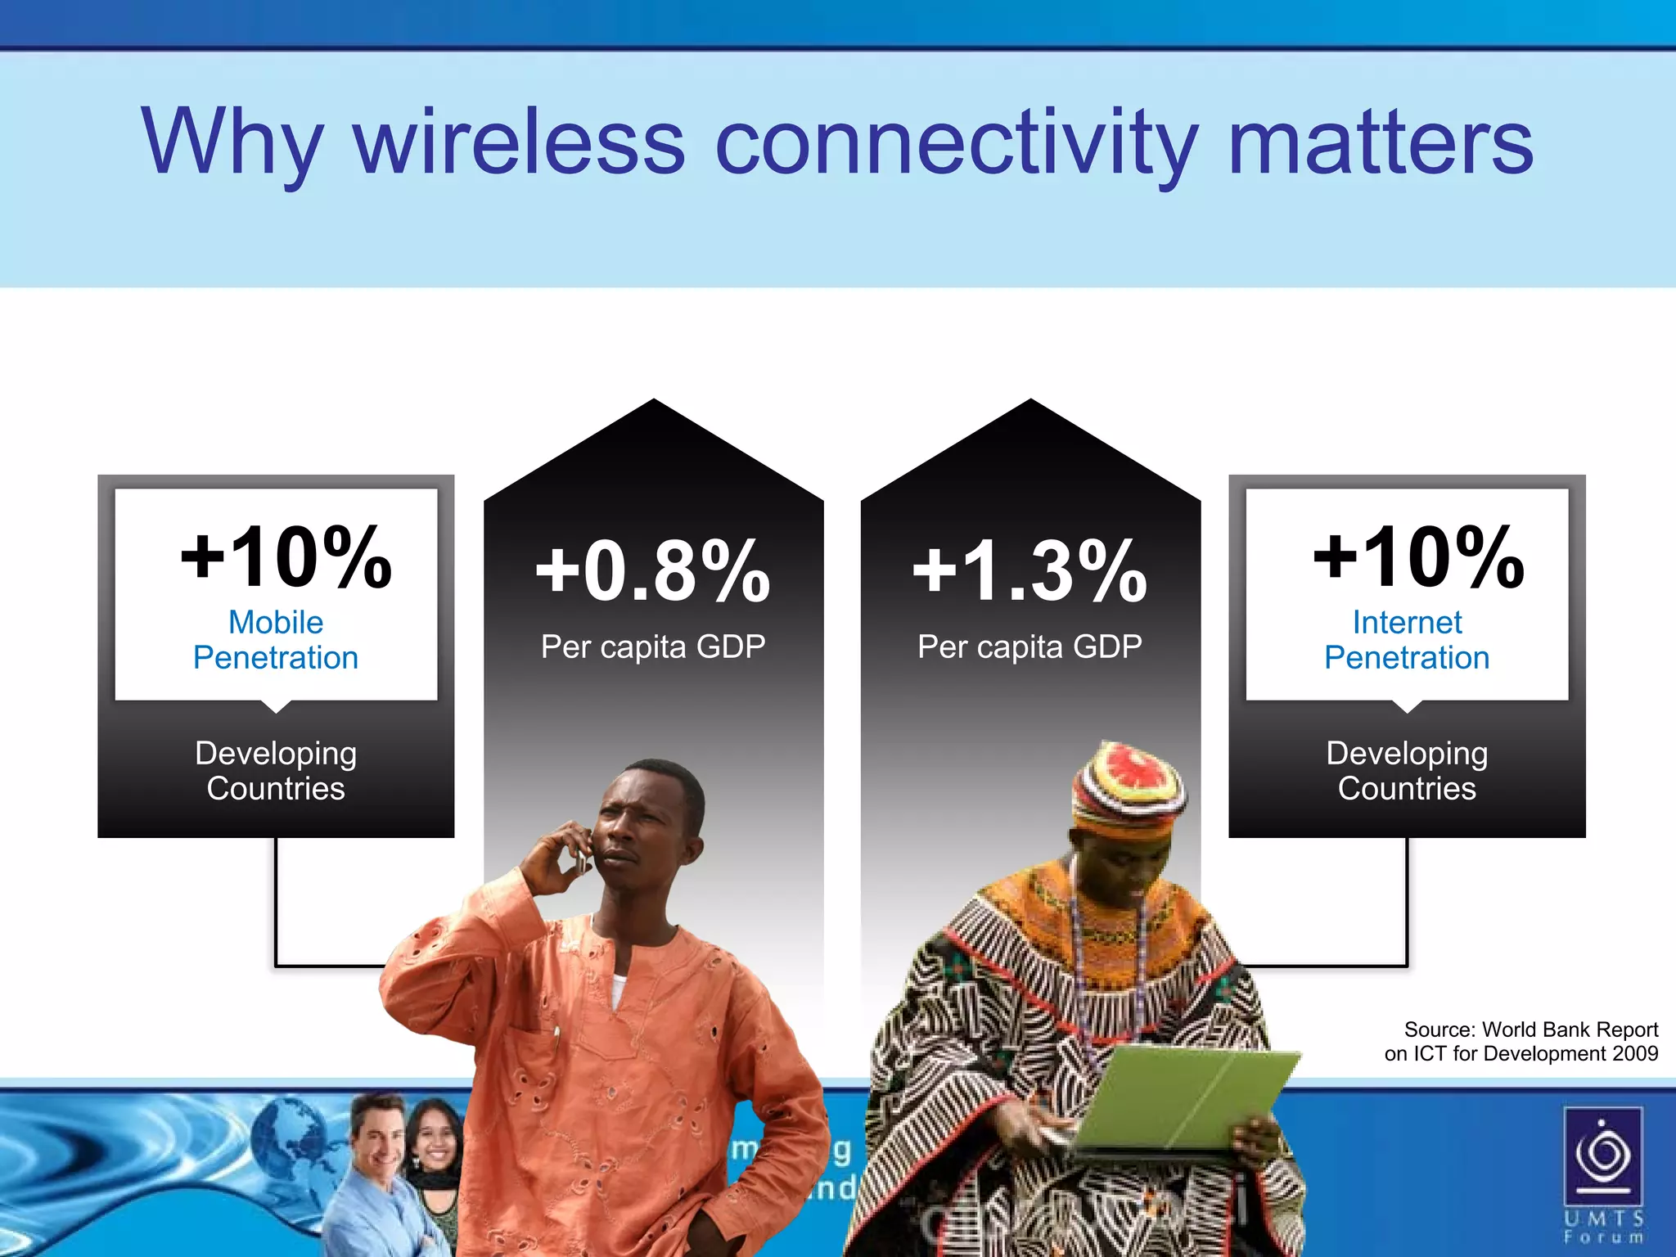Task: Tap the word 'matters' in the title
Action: (x=1380, y=143)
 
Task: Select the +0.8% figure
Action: (x=653, y=570)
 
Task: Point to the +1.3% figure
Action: (x=1029, y=570)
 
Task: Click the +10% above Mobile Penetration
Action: (x=286, y=557)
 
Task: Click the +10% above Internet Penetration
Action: (x=1418, y=557)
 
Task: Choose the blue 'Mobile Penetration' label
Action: (x=276, y=640)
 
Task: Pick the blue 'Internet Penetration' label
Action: (x=1407, y=640)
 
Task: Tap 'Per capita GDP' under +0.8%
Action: (x=653, y=647)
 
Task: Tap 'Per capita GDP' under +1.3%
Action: (x=1029, y=647)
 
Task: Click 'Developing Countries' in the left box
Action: (x=276, y=770)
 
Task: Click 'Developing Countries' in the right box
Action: (x=1407, y=770)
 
